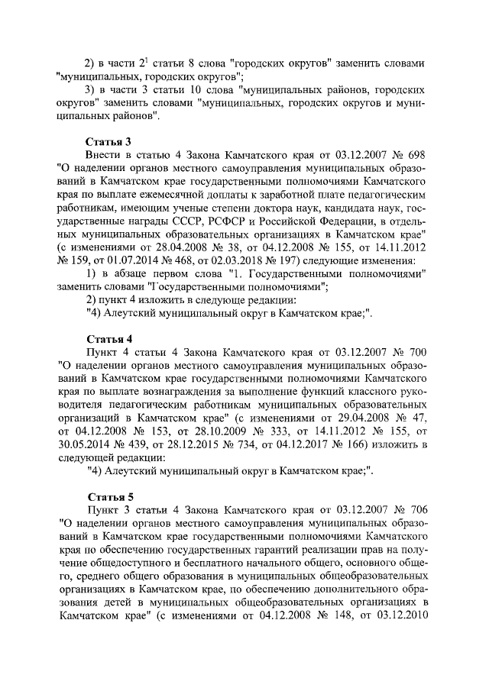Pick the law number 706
[416, 509]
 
